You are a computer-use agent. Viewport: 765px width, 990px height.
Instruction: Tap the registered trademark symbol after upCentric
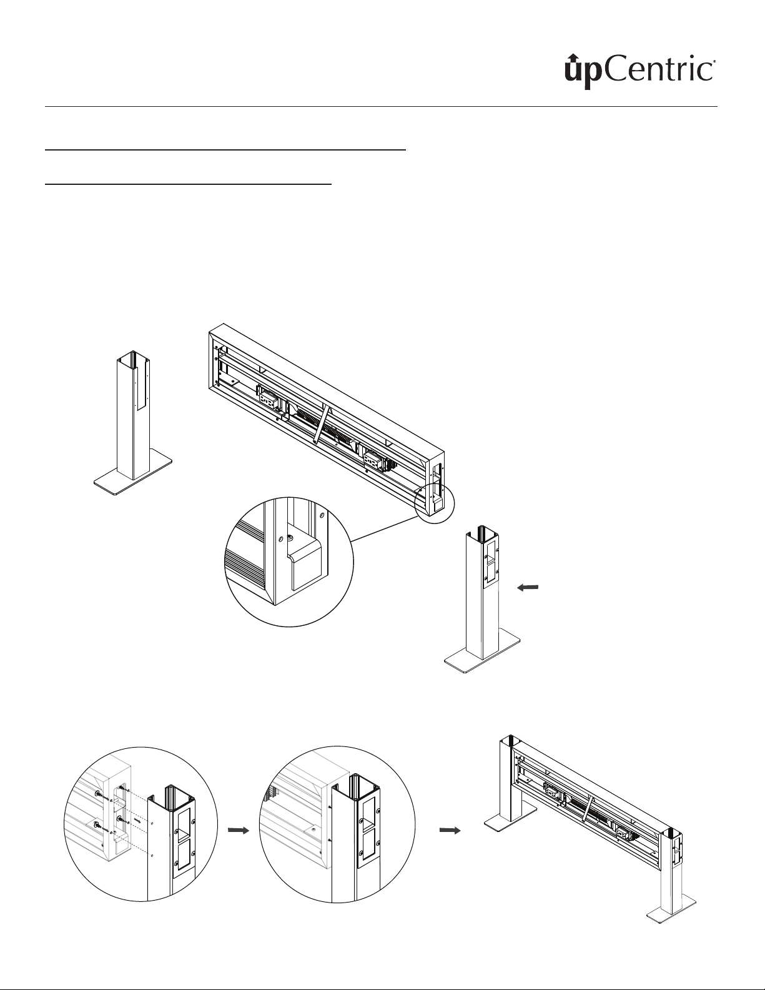tap(714, 62)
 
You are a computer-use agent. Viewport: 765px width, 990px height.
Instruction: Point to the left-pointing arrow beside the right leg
tap(528, 587)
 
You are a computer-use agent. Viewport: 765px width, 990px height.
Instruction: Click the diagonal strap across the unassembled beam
tap(323, 425)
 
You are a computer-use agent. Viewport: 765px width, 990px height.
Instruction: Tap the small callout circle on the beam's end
tap(435, 500)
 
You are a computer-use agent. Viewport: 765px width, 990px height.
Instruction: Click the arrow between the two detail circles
tap(237, 830)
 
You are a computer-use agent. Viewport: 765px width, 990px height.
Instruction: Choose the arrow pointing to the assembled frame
tap(450, 830)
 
